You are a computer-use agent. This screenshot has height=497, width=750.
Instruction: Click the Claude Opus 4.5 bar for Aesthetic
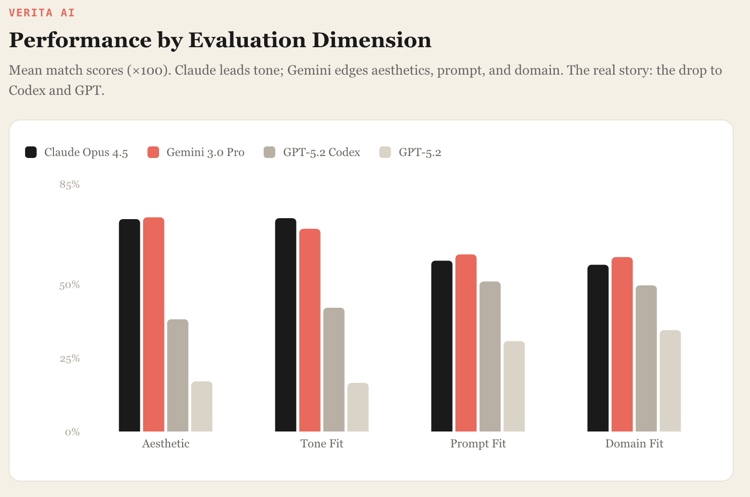coord(129,325)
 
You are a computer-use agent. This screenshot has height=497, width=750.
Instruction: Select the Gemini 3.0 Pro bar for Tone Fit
coord(309,330)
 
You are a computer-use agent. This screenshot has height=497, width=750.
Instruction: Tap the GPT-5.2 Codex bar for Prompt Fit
coord(490,356)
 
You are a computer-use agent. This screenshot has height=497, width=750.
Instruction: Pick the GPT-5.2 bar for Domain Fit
coord(670,380)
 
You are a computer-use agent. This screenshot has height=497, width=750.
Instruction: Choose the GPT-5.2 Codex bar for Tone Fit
coord(334,369)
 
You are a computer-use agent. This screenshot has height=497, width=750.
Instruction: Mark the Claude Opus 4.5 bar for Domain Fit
coord(598,348)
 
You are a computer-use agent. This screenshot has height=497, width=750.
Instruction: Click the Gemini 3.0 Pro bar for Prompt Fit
coord(466,343)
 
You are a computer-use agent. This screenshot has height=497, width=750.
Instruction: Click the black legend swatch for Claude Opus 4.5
coord(31,152)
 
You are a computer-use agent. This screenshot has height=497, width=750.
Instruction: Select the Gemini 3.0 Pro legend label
coord(205,152)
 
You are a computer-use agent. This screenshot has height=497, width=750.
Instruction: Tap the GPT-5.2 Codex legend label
coord(321,152)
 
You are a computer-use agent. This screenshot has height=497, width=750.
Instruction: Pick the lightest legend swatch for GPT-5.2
coord(385,152)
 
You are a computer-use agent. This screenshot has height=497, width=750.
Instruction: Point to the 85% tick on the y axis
coord(69,184)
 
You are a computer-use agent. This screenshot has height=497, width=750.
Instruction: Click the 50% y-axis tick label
coord(69,285)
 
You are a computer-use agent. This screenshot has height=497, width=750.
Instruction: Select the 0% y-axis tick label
coord(72,432)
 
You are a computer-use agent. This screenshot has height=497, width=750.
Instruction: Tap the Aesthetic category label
coord(165,444)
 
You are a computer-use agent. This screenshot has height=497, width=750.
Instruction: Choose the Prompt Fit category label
coord(478,444)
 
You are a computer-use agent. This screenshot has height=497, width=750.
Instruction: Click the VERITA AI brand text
coord(42,13)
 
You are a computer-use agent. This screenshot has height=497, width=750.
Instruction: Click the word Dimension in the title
coord(371,40)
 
